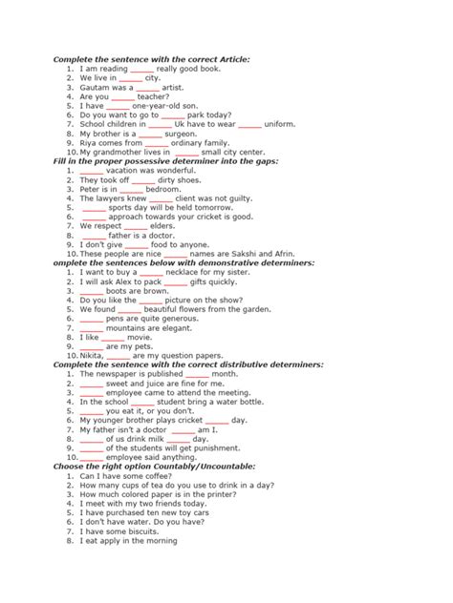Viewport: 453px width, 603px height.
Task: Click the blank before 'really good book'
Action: [x=141, y=69]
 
